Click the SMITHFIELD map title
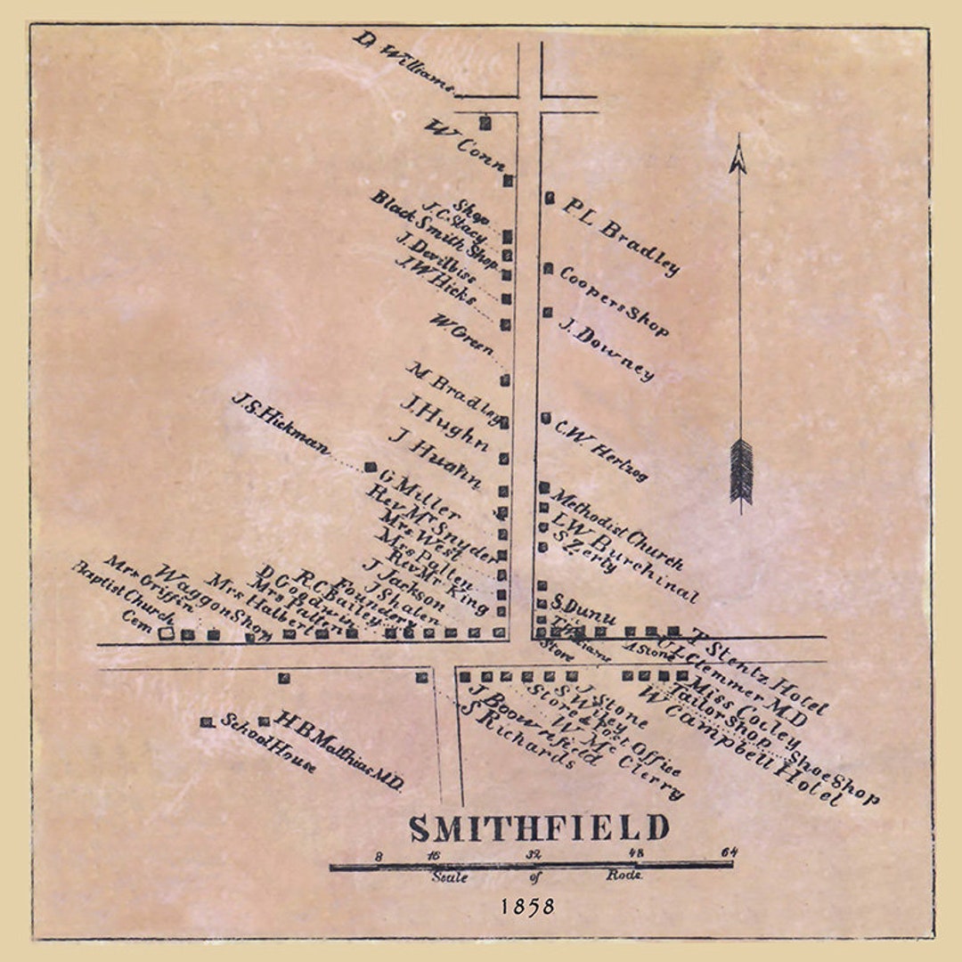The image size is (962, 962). point(539,827)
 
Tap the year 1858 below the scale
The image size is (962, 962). point(526,906)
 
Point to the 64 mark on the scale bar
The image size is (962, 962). point(730,852)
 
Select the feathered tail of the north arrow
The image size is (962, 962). point(740,472)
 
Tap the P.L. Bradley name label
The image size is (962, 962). point(621,236)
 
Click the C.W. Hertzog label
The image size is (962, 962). point(601,450)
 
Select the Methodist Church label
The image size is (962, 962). point(616,530)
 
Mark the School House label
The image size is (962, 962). point(268,744)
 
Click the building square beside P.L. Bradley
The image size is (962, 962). point(550,198)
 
